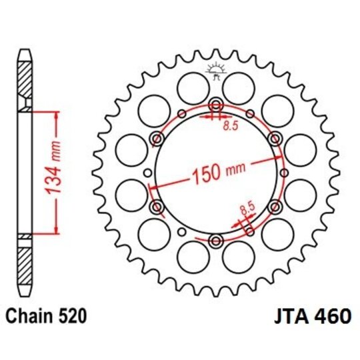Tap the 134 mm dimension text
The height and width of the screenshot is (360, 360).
tap(57, 172)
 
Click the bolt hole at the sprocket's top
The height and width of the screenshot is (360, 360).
tap(216, 104)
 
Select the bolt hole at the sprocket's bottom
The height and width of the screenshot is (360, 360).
tap(216, 241)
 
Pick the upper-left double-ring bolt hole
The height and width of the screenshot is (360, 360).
tap(157, 138)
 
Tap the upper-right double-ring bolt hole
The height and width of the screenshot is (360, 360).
tap(275, 138)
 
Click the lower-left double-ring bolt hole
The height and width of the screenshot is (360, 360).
tap(157, 207)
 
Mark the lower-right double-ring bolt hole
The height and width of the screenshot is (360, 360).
tap(275, 207)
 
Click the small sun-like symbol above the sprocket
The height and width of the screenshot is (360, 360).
tap(215, 68)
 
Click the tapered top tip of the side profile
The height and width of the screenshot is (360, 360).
tap(26, 53)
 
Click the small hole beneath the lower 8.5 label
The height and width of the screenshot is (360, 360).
tap(249, 231)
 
